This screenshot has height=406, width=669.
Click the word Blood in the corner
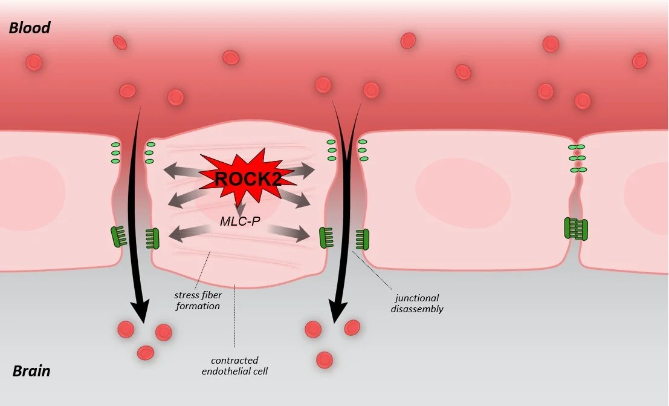click(x=29, y=27)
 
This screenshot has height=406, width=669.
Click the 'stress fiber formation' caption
click(x=197, y=301)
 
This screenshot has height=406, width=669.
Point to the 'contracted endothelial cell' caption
click(x=234, y=365)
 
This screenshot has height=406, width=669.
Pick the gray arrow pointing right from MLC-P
click(x=291, y=232)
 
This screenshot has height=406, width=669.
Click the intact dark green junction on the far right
click(x=576, y=229)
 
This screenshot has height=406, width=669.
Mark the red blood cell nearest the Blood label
click(x=34, y=62)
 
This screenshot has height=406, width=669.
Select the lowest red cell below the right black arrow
click(x=325, y=359)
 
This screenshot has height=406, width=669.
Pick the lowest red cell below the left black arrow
click(x=146, y=353)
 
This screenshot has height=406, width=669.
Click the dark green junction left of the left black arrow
click(x=118, y=236)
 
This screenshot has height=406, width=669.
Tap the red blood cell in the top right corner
click(x=639, y=61)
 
